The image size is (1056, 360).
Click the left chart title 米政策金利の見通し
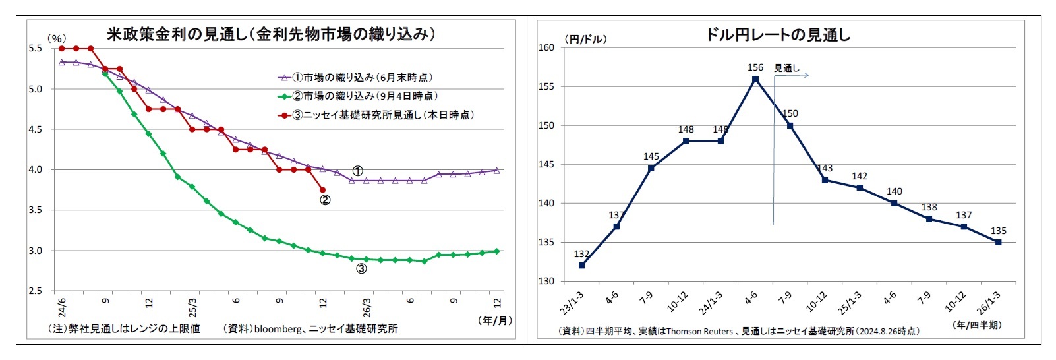pyautogui.click(x=271, y=34)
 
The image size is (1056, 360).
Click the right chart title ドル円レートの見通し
pyautogui.click(x=778, y=35)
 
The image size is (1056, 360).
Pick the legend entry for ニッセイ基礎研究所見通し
pyautogui.click(x=382, y=115)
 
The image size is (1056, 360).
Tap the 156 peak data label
pyautogui.click(x=755, y=67)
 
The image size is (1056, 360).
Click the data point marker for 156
pyautogui.click(x=755, y=79)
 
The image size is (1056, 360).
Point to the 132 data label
pyautogui.click(x=581, y=254)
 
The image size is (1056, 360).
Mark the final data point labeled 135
pyautogui.click(x=998, y=243)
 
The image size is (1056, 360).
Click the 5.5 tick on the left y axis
pyautogui.click(x=35, y=48)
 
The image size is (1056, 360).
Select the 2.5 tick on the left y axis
pyautogui.click(x=35, y=291)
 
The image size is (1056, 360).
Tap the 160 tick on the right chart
pyautogui.click(x=546, y=47)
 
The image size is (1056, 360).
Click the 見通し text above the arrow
pyautogui.click(x=786, y=67)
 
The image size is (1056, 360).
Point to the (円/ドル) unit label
pyautogui.click(x=585, y=39)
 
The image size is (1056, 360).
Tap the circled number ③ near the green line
pyautogui.click(x=361, y=268)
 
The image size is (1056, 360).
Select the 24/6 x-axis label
pyautogui.click(x=61, y=307)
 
